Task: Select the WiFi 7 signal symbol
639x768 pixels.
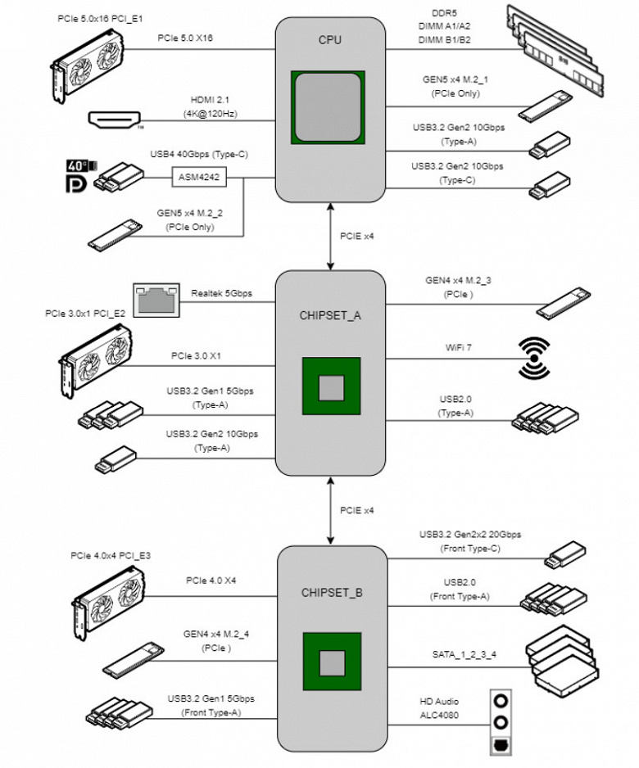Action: point(537,358)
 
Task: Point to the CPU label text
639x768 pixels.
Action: point(330,39)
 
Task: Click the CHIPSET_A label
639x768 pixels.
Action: point(330,314)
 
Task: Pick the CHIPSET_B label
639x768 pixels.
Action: point(331,592)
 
